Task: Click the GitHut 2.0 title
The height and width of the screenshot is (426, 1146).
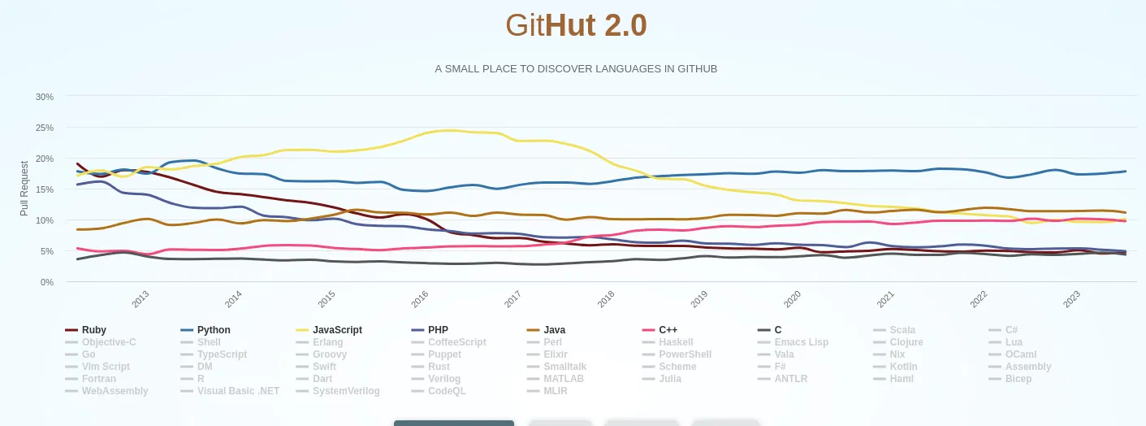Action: pyautogui.click(x=576, y=26)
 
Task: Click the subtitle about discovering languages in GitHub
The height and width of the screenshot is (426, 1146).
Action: pyautogui.click(x=576, y=69)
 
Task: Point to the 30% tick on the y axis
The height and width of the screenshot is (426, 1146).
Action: pyautogui.click(x=45, y=97)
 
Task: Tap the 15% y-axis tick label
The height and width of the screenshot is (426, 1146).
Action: pyautogui.click(x=45, y=189)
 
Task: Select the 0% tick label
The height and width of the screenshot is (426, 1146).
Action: pyautogui.click(x=47, y=282)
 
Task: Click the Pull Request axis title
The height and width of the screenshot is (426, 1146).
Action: pyautogui.click(x=24, y=188)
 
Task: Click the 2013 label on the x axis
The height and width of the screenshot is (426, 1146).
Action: pyautogui.click(x=141, y=299)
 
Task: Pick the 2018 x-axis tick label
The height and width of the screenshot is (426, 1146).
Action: pyautogui.click(x=606, y=299)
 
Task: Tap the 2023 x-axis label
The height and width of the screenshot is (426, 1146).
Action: pyautogui.click(x=1072, y=299)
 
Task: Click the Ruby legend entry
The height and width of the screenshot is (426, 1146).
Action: pyautogui.click(x=94, y=330)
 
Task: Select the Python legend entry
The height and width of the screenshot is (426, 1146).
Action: pyautogui.click(x=214, y=330)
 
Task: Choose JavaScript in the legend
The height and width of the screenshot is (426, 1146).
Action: pyautogui.click(x=337, y=330)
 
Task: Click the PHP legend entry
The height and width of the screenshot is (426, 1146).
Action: pyautogui.click(x=438, y=330)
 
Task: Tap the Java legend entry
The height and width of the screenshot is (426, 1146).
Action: pyautogui.click(x=554, y=330)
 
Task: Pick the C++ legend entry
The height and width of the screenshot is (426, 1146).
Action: pyautogui.click(x=668, y=330)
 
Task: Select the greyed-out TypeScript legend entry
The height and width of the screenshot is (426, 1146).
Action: pyautogui.click(x=222, y=354)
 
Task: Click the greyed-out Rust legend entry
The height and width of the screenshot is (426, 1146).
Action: pyautogui.click(x=439, y=367)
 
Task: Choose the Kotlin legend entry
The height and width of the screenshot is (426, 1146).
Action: pyautogui.click(x=903, y=367)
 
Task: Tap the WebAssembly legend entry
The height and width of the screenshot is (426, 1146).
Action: pyautogui.click(x=115, y=391)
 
